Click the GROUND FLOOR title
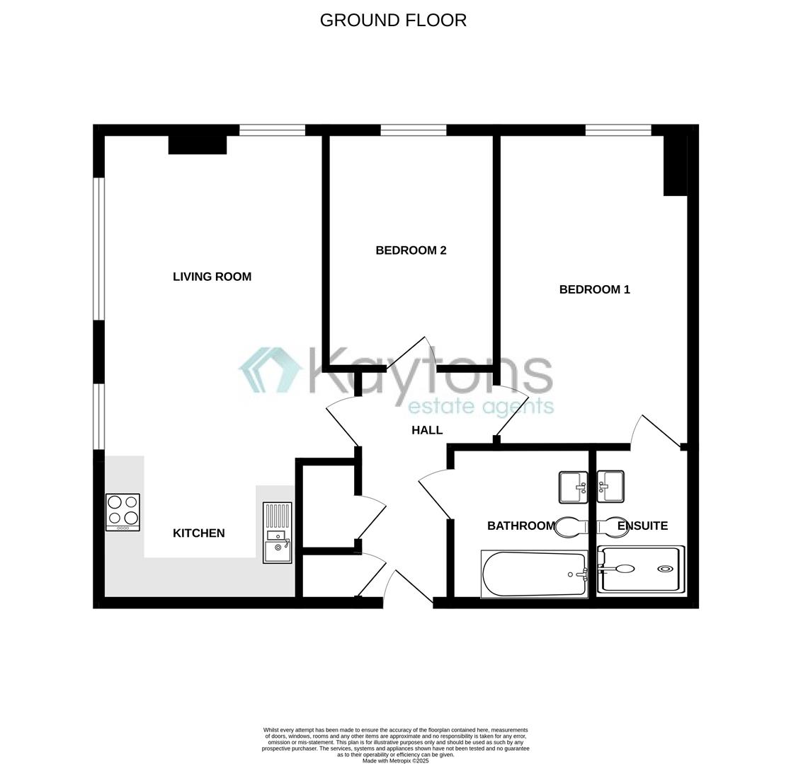pos(393,21)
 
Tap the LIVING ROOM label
pos(212,277)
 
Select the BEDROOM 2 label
pos(411,250)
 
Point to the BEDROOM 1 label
pos(594,289)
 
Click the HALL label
pos(427,430)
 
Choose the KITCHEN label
pos(198,533)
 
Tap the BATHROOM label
pos(520,526)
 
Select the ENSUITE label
pos(642,526)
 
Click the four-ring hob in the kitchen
pos(123,512)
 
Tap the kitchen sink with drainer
pos(278,533)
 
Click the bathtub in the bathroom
pos(535,574)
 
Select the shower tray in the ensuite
pos(641,569)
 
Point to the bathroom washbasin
pos(574,487)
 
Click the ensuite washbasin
pos(610,487)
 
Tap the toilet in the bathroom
pos(571,526)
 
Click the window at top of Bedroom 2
pos(414,130)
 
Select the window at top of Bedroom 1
pos(618,130)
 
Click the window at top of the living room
pos(272,130)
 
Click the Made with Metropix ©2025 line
pos(395,760)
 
